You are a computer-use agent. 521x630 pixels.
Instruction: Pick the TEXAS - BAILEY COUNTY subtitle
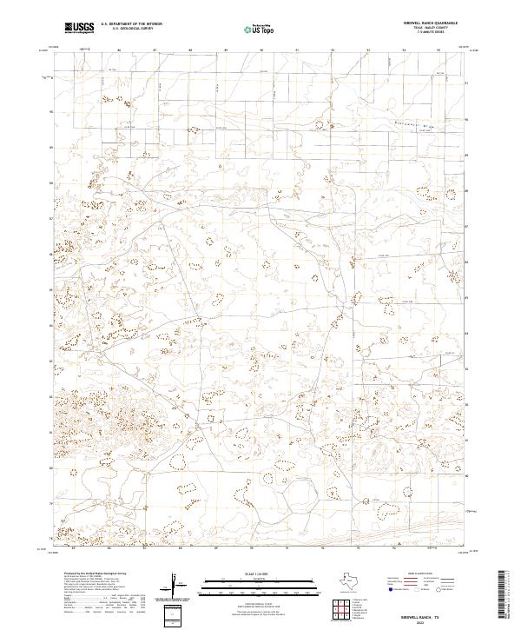[425, 29]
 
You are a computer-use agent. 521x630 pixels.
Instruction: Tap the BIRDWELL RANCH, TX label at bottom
[427, 612]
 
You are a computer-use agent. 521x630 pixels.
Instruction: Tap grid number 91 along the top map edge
[297, 50]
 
